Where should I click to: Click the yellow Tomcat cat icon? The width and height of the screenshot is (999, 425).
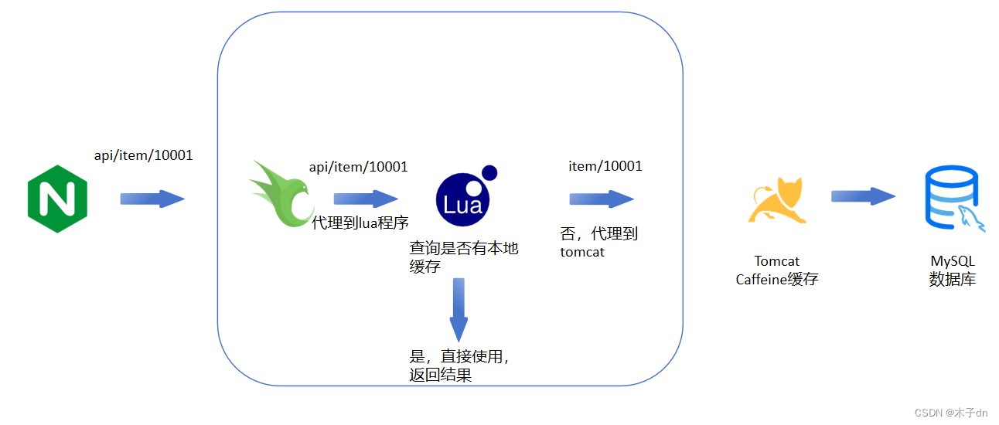tap(776, 201)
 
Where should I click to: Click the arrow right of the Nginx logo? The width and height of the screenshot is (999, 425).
tap(152, 199)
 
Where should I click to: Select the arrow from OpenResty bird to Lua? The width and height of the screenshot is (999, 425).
tap(366, 199)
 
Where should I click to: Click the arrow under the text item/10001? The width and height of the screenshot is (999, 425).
tap(602, 199)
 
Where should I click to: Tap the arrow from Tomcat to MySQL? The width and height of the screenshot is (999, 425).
tap(863, 195)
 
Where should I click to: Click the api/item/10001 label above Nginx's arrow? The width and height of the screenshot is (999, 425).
tap(143, 155)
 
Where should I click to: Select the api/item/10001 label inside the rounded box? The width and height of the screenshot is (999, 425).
tap(358, 166)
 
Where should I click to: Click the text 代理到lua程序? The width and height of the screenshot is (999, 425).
tap(360, 224)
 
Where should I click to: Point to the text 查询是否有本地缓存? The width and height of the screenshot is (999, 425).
tap(463, 257)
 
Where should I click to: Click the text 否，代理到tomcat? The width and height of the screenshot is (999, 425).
tap(598, 243)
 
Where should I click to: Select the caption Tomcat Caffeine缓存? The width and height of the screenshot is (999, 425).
tap(776, 270)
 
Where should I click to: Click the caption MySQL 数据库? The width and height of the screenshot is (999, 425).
tap(952, 270)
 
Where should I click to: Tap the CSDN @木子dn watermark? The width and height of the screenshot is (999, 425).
tap(950, 413)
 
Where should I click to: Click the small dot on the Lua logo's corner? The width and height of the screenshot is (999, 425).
tap(489, 172)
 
